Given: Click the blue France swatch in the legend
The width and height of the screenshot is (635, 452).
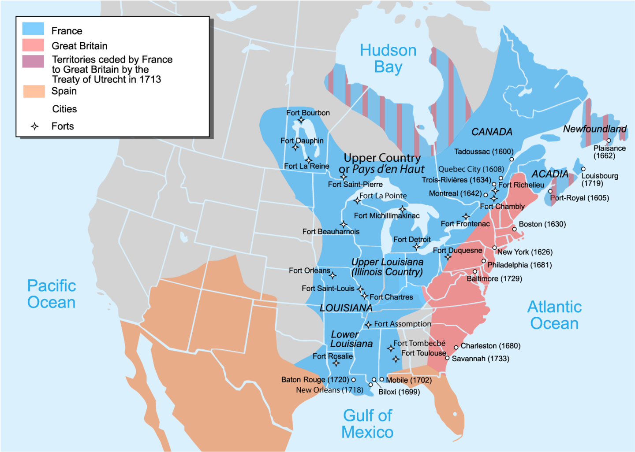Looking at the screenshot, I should coord(33,29).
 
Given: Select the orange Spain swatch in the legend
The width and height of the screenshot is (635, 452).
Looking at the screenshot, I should coord(34,91).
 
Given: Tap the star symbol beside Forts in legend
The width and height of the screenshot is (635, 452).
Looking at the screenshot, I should coord(35,127).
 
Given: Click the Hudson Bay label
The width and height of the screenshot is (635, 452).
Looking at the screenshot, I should coord(388,59).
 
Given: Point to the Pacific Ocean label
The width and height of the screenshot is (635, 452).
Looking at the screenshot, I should coord(52,294).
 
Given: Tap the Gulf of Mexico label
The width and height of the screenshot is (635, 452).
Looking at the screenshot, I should coord(367,423).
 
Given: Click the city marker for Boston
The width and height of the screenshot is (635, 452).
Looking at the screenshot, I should coord(514,229).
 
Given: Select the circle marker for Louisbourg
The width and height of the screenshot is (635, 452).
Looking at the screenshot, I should coord(583,169).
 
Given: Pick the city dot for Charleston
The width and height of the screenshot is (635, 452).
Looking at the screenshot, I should coord(456,347).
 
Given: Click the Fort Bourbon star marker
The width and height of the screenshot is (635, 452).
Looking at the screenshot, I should coord(301,120).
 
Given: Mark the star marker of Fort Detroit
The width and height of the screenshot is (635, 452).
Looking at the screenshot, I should coord(416,247).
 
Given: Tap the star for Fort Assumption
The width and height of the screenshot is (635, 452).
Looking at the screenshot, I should coord(368,325).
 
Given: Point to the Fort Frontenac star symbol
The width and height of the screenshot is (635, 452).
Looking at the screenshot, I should coord(466,216).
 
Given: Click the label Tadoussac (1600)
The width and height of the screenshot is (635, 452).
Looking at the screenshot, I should coord(484,152).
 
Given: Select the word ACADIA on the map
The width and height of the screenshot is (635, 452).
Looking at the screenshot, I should coord(550,174).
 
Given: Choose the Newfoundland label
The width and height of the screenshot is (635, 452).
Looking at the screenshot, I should coord(594,129).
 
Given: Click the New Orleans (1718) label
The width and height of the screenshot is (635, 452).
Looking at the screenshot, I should coord(329,390).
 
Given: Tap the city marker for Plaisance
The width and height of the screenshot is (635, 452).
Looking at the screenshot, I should coord(609,141).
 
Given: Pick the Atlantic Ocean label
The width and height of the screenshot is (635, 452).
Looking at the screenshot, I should coord(554,315).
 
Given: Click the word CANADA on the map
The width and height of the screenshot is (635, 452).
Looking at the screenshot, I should coord(492,132).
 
